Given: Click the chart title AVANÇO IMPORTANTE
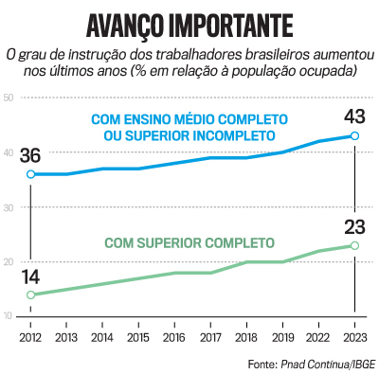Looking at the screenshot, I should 189,23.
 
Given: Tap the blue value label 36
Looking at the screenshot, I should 31,154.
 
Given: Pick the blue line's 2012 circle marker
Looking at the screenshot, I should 31,174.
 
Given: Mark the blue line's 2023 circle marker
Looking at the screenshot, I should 354,136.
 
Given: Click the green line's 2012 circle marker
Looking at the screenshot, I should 31,294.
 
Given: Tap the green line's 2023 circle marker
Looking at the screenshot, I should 354,245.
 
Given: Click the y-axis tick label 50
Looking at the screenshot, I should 8,98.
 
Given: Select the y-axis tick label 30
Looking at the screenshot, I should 8,206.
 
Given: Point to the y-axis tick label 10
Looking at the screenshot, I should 8,315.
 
